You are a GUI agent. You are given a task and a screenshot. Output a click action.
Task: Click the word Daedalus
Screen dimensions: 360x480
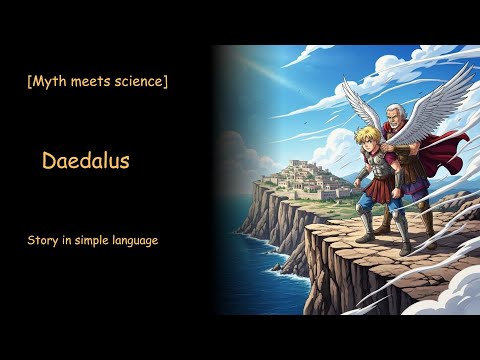(x=86, y=161)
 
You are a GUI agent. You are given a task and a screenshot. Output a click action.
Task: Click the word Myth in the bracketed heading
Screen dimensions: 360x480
(x=50, y=81)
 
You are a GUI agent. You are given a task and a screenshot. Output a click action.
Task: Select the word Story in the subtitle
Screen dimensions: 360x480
(x=44, y=241)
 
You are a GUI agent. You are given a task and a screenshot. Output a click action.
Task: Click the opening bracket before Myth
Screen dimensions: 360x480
(x=30, y=81)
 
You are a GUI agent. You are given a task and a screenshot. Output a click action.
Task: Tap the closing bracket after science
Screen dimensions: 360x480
(x=164, y=81)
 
